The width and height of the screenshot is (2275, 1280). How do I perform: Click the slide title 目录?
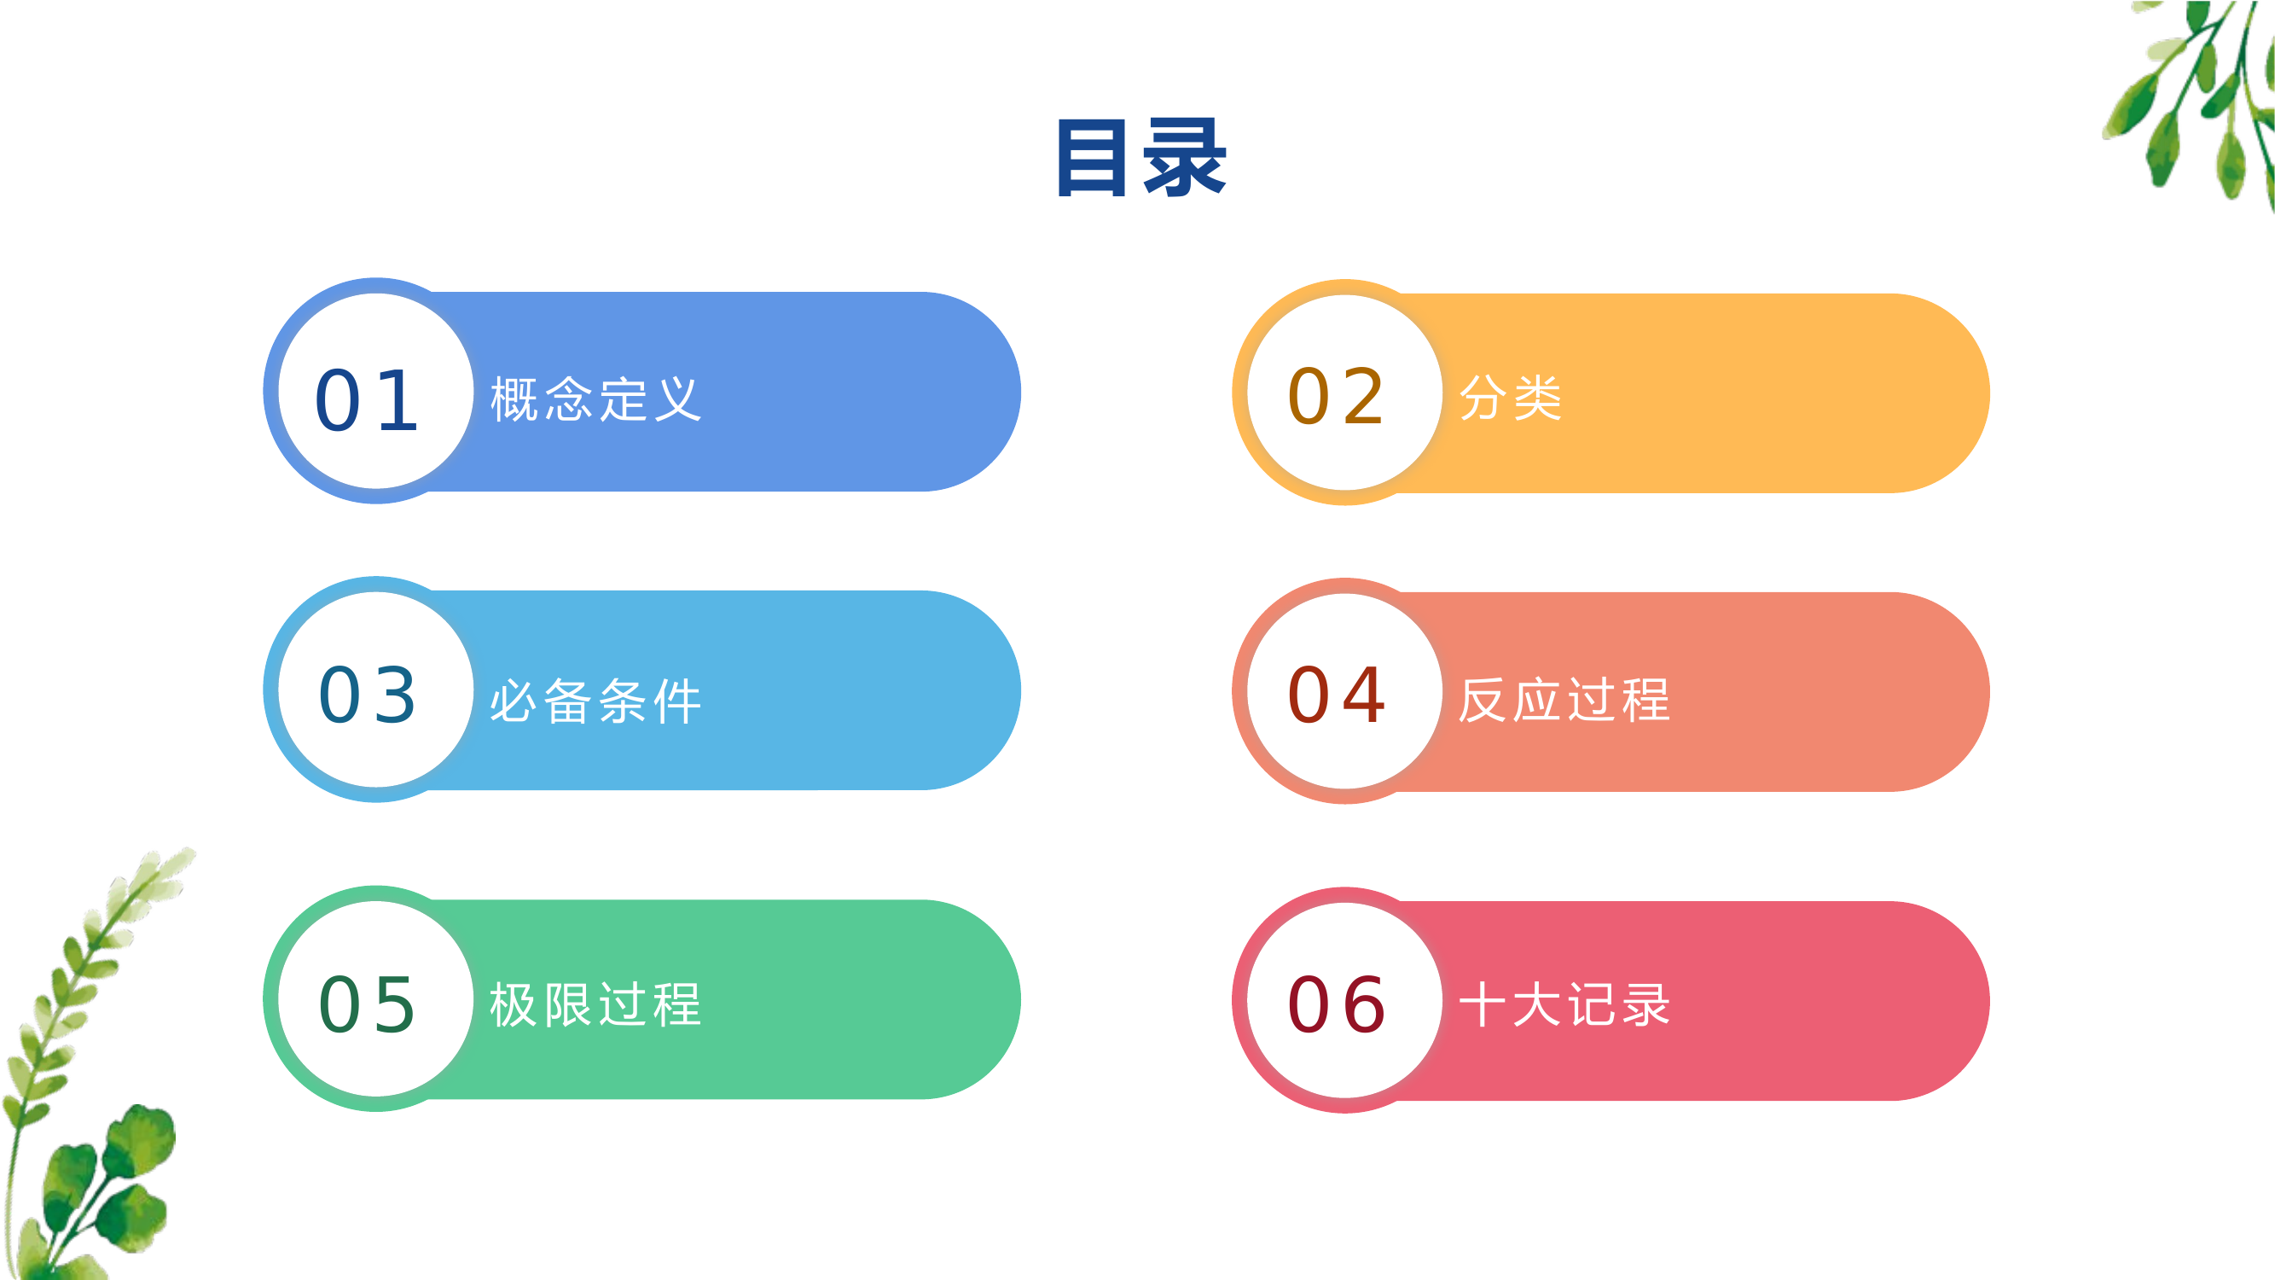pyautogui.click(x=1141, y=158)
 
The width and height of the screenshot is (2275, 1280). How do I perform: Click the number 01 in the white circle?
pyautogui.click(x=368, y=401)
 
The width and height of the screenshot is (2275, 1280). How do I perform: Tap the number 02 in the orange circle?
pyautogui.click(x=1336, y=397)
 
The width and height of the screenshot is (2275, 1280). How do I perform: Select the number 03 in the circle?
pyautogui.click(x=368, y=695)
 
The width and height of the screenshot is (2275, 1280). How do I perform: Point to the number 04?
pyautogui.click(x=1336, y=695)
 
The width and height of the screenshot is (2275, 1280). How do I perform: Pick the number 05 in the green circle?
pyautogui.click(x=368, y=1004)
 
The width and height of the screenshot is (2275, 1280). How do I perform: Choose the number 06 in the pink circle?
pyautogui.click(x=1336, y=1004)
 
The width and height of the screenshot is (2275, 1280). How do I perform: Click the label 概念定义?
pyautogui.click(x=596, y=399)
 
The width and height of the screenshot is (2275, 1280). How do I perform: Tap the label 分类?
pyautogui.click(x=1511, y=398)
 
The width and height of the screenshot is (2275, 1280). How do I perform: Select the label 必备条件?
pyautogui.click(x=596, y=701)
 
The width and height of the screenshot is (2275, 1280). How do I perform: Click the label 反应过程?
pyautogui.click(x=1564, y=700)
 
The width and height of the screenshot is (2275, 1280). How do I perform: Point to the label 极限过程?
pyautogui.click(x=596, y=1004)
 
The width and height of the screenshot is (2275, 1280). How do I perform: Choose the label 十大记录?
pyautogui.click(x=1564, y=1004)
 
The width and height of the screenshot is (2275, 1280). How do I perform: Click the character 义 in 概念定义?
pyautogui.click(x=677, y=399)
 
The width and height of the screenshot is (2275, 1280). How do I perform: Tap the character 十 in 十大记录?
pyautogui.click(x=1483, y=1004)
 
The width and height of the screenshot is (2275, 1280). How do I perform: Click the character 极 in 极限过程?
pyautogui.click(x=514, y=1004)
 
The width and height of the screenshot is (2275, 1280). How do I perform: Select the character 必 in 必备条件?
pyautogui.click(x=514, y=701)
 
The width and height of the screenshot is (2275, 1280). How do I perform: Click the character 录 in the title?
pyautogui.click(x=1184, y=158)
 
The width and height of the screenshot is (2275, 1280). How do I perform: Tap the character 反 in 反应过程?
pyautogui.click(x=1483, y=700)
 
